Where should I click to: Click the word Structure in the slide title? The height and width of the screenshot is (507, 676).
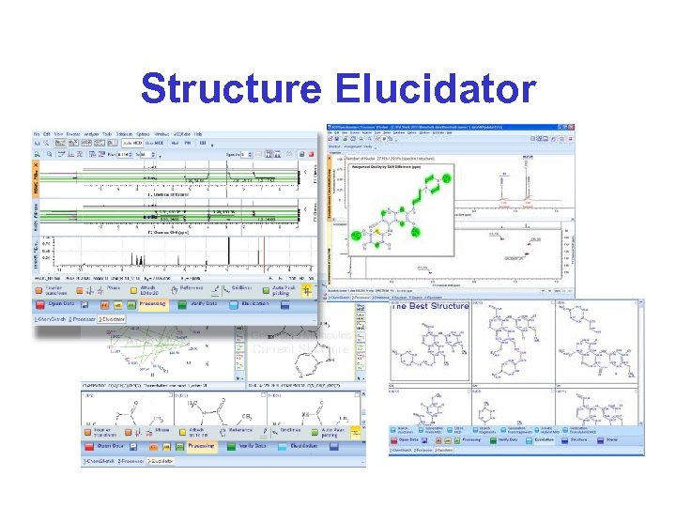[x=229, y=89]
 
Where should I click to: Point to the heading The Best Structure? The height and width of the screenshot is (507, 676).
[x=430, y=307]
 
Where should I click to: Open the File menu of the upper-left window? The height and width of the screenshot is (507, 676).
[x=38, y=134]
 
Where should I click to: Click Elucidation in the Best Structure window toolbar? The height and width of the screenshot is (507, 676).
[x=545, y=438]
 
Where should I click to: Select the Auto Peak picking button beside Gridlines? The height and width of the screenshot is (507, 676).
[x=284, y=290]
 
